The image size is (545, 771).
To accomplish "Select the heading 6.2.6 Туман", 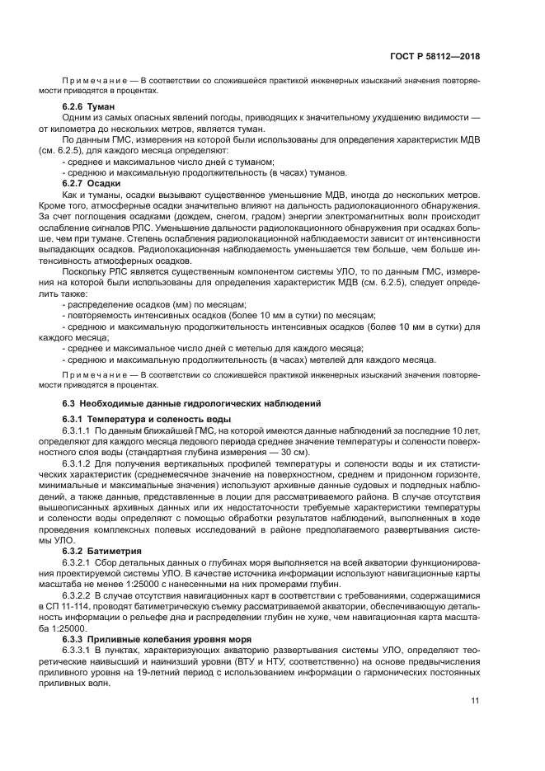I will pyautogui.click(x=88, y=106).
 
